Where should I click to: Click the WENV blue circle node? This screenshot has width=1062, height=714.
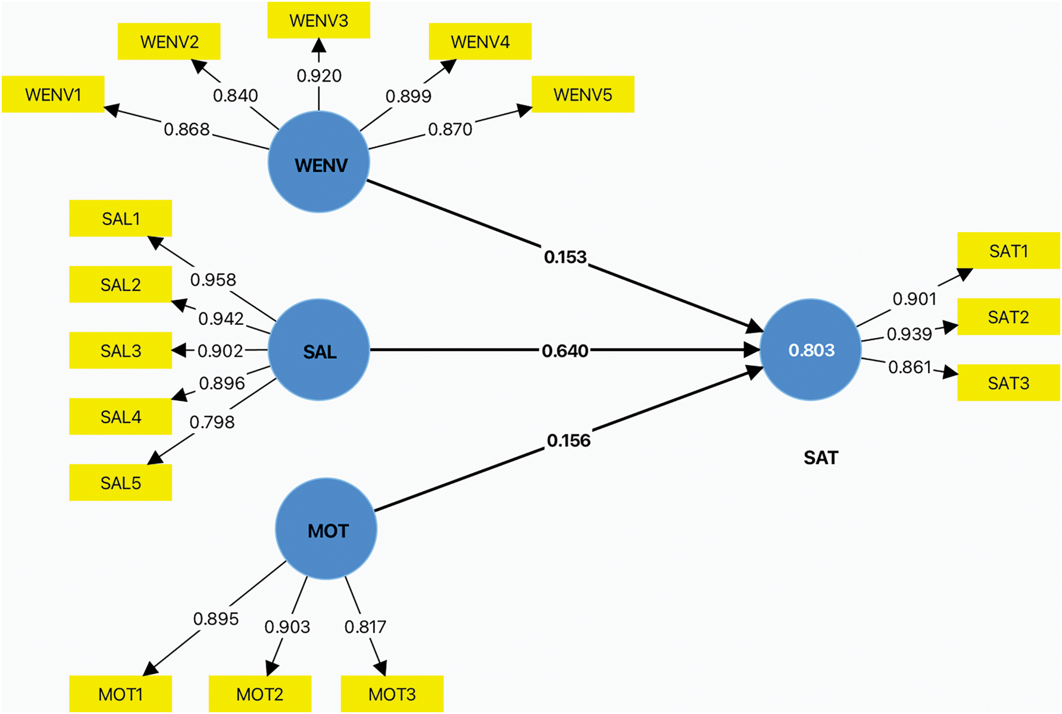(318, 162)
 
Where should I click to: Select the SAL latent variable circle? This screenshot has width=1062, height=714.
(318, 350)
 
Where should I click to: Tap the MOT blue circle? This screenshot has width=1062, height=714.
(326, 529)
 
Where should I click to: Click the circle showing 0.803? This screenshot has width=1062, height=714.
(811, 350)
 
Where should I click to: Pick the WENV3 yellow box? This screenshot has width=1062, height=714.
(318, 20)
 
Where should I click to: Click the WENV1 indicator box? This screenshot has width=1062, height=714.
(53, 94)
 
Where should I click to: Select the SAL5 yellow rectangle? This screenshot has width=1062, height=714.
(120, 483)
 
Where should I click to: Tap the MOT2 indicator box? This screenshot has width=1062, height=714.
(260, 694)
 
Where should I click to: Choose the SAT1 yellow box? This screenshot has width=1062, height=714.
(1008, 251)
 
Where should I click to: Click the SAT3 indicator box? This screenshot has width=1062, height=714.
(1008, 383)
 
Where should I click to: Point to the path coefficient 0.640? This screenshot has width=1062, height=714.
(565, 351)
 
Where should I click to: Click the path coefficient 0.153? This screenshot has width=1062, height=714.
(565, 257)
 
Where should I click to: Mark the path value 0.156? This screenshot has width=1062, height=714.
(568, 440)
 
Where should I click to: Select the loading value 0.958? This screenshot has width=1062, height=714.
(213, 279)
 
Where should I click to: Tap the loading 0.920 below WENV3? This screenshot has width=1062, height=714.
(319, 76)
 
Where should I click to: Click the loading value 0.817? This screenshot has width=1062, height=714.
(365, 627)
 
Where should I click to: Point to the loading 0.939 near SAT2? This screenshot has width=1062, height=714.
(909, 334)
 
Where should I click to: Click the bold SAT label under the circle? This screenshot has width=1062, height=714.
(820, 457)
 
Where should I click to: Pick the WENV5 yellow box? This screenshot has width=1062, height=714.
(583, 94)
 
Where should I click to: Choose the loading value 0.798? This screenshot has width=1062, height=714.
(212, 422)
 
